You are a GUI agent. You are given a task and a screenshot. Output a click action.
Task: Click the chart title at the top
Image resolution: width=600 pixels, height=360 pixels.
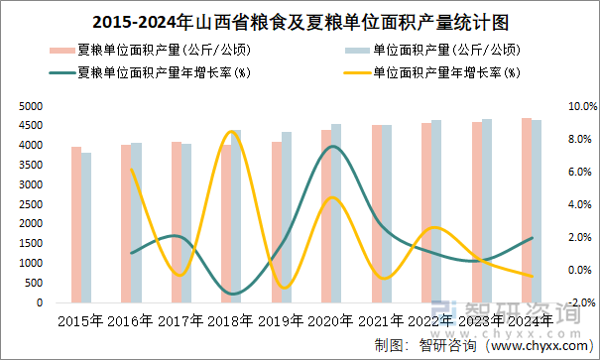300,22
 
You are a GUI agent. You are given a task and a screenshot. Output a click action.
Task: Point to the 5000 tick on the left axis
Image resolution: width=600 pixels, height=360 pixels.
30,106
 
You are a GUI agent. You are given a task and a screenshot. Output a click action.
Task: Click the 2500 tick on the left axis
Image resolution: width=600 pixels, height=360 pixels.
30,204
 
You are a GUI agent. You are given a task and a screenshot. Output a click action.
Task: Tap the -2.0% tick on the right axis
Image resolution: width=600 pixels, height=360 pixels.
581,302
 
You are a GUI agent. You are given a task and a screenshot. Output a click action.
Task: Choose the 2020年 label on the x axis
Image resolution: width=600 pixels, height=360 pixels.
331,321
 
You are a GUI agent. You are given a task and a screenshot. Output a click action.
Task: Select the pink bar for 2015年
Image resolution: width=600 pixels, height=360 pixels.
75,225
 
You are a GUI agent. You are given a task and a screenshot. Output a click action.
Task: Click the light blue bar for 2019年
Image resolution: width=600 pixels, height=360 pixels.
287,217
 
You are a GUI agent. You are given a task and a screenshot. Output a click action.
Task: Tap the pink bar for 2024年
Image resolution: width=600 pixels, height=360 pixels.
527,210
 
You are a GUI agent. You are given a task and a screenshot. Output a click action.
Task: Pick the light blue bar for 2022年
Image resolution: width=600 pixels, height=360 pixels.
436,211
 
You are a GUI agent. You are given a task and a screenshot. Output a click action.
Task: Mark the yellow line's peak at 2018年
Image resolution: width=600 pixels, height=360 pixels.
232,131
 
